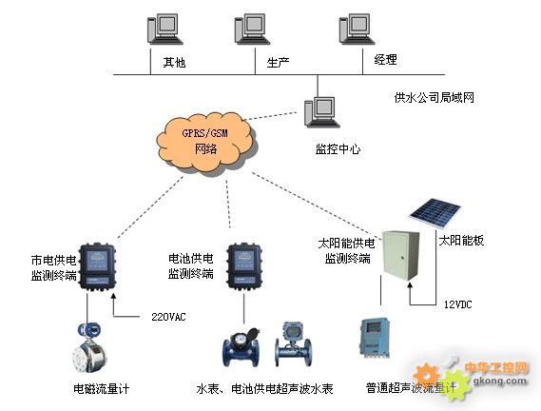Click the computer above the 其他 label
pos(164,29)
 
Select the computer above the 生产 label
pos(252,29)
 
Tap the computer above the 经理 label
pos(357,29)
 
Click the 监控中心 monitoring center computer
pos(321,112)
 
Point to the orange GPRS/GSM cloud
pos(206,143)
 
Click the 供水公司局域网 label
pos(435,98)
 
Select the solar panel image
pos(435,212)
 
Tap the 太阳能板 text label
pos(461,241)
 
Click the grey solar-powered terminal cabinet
pos(401,256)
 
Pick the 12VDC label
pos(458,304)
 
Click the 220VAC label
pos(168,317)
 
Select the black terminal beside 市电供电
pos(97,266)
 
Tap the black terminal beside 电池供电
pos(244,266)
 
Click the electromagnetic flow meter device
pos(89,347)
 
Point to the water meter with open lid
pos(242,347)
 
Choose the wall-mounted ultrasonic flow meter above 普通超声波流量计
pos(375,338)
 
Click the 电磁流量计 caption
pos(102,389)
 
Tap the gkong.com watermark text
pos(500,381)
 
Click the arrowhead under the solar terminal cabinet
pos(410,285)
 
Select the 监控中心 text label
pos(338,148)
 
